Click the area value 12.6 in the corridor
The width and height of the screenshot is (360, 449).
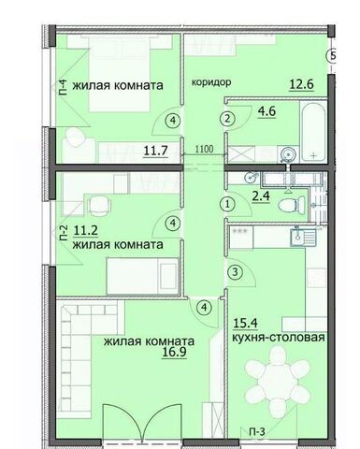click(301, 84)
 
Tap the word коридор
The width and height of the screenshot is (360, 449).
click(211, 82)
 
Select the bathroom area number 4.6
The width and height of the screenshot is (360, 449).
click(266, 111)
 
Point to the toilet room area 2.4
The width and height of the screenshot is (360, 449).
click(261, 197)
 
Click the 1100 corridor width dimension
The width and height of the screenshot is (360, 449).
click(205, 149)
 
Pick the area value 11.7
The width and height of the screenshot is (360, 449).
click(156, 151)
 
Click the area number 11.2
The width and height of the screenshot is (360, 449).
click(86, 231)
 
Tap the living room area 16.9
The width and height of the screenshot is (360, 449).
click(174, 353)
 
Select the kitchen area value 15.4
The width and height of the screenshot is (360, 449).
click(245, 324)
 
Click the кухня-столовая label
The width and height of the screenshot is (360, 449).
click(279, 338)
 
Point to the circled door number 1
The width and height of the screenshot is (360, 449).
click(227, 205)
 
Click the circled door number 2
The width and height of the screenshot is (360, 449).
click(227, 119)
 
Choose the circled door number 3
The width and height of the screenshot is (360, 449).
click(235, 272)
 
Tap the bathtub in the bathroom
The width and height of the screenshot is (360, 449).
click(313, 132)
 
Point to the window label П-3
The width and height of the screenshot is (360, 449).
click(257, 432)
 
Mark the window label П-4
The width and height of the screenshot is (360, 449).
click(64, 88)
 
